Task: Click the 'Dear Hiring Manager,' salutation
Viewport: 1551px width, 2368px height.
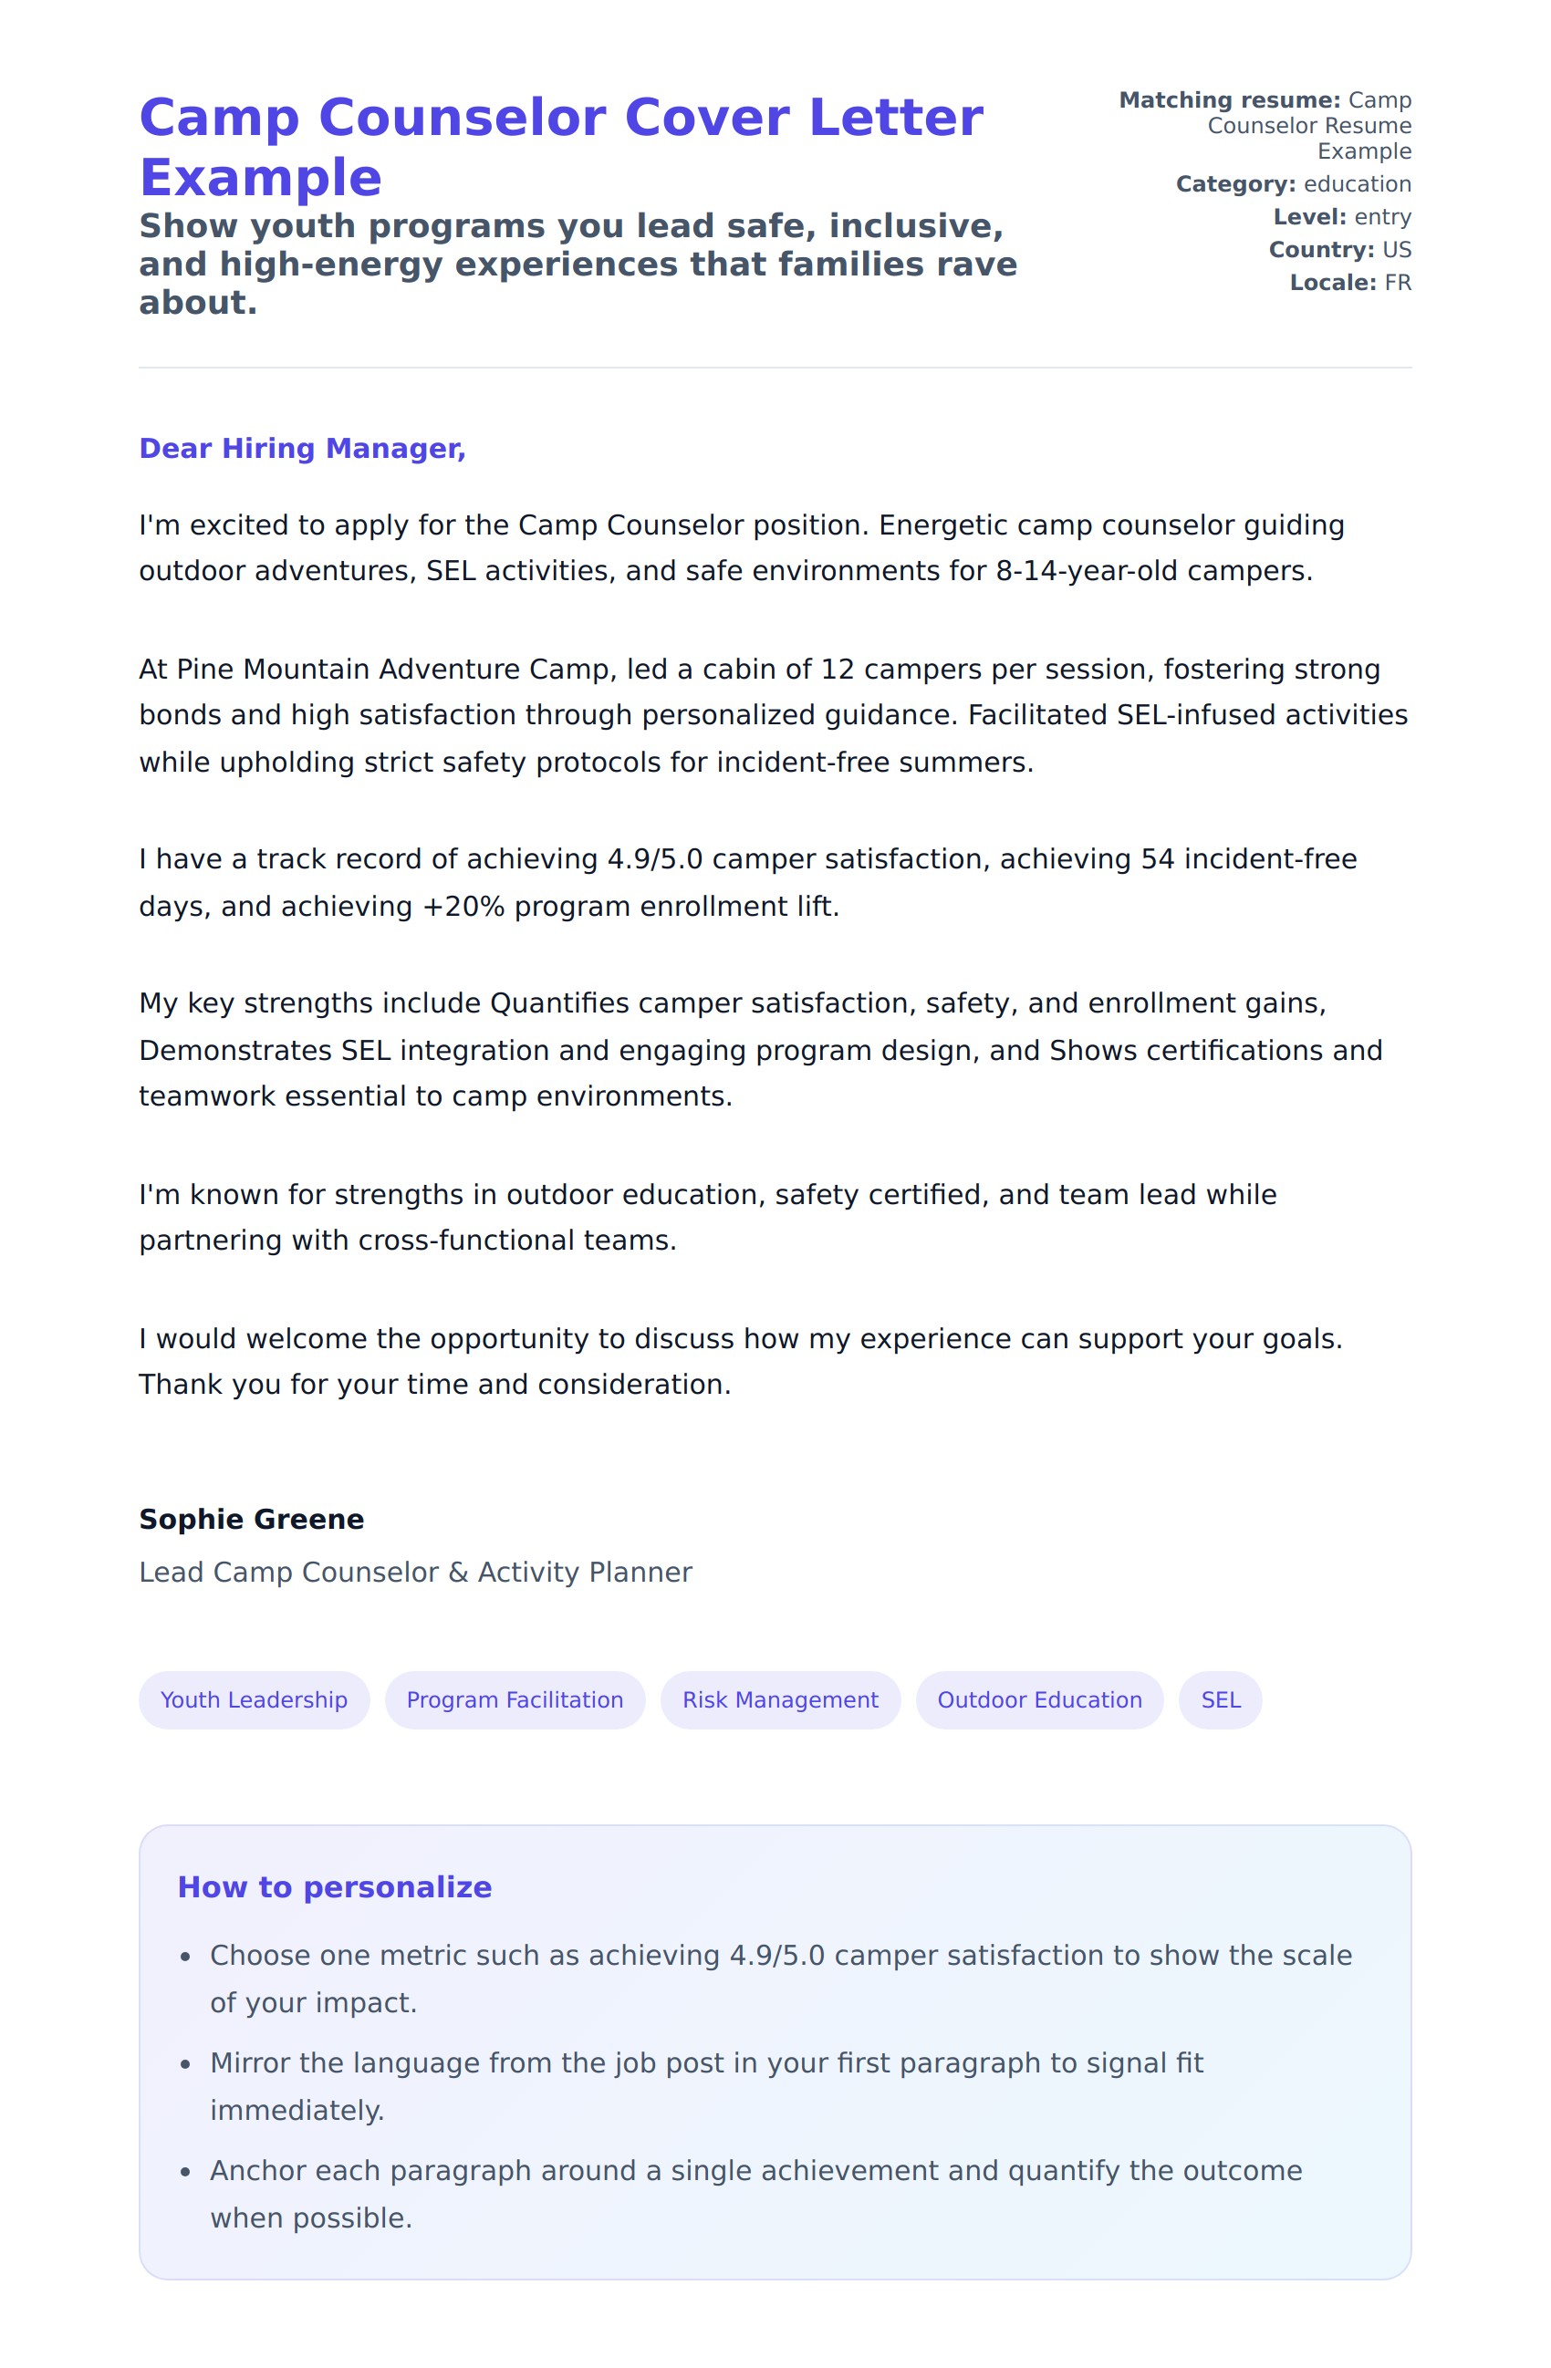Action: click(301, 449)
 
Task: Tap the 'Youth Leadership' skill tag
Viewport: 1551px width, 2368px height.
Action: click(254, 1700)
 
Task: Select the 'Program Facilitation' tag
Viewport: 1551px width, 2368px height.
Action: click(515, 1700)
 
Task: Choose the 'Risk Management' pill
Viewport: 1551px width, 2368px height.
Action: click(780, 1700)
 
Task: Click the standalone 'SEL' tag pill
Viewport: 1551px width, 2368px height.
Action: click(1220, 1700)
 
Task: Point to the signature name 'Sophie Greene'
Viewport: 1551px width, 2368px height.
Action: click(252, 1520)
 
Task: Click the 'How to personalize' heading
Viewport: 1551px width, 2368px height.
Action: click(334, 1887)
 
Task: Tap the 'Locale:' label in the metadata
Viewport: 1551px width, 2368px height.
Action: click(1332, 284)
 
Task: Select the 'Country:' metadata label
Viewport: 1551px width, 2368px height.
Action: click(1320, 251)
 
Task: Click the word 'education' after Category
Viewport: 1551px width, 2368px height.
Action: click(1357, 185)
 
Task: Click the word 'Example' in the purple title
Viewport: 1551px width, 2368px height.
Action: click(261, 178)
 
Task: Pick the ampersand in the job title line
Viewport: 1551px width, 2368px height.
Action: click(458, 1573)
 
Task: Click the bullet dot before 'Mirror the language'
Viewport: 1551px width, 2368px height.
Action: click(185, 2064)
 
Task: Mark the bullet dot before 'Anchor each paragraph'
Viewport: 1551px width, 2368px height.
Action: click(185, 2172)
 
